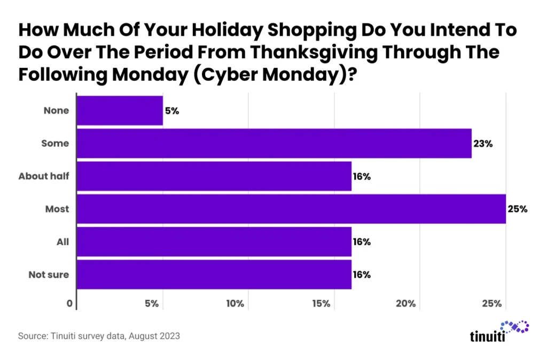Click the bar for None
(120, 111)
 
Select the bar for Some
(275, 143)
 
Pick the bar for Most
(292, 209)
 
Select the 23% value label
(482, 143)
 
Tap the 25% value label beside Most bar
(518, 209)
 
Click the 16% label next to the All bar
(362, 242)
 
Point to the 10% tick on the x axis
(235, 304)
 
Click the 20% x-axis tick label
(407, 304)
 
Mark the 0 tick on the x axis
(69, 304)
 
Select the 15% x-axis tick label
(321, 304)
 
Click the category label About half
(44, 176)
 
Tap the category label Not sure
(49, 275)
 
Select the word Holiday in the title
(201, 30)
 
